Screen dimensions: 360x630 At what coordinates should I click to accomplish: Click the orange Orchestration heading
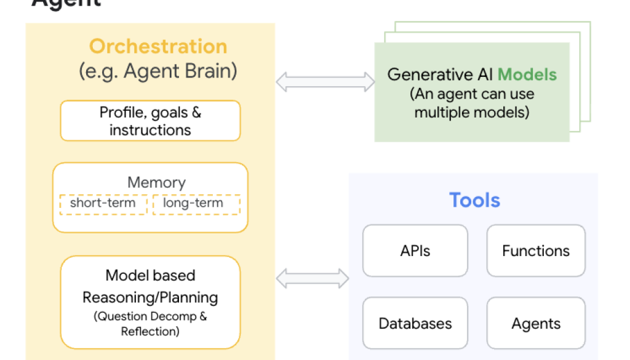coord(158,47)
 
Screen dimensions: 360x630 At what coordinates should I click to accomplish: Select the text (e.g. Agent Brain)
coord(158,71)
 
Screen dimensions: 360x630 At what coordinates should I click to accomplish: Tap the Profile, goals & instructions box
coord(150,121)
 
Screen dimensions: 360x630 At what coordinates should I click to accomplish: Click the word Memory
coord(156,183)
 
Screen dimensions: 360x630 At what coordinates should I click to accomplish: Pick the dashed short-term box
coord(103,204)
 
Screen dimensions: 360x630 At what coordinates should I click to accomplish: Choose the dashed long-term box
coord(196,204)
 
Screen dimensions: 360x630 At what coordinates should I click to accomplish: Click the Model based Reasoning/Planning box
coord(150,302)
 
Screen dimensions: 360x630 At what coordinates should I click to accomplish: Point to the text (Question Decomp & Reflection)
coord(150,324)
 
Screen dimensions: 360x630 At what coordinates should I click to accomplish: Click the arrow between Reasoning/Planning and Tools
coord(312,278)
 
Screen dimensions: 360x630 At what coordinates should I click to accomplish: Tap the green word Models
coord(527,75)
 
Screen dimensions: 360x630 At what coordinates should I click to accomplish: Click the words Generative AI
coord(441,75)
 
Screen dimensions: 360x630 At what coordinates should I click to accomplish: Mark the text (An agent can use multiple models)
coord(472,103)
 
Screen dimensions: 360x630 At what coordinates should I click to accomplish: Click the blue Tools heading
coord(474,201)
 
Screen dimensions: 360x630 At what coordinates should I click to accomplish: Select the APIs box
coord(415,250)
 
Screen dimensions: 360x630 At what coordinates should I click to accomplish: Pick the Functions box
coord(536,250)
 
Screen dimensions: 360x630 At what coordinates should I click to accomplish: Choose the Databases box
coord(415,324)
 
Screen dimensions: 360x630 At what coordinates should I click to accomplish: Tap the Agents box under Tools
coord(536,324)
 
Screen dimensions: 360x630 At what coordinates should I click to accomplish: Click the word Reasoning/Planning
coord(150,297)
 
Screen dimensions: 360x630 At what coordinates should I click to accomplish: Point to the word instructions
coord(150,130)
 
